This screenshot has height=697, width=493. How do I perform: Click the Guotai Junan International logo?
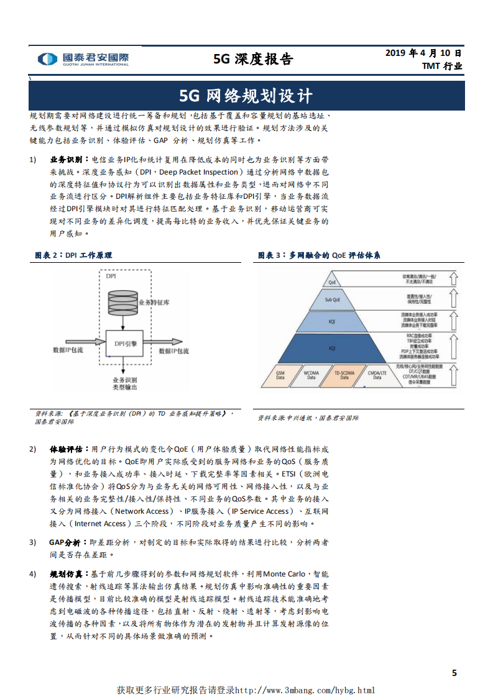coord(83,59)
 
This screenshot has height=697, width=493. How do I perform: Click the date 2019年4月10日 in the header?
coord(424,53)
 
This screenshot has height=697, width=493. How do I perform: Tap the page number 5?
coord(454,673)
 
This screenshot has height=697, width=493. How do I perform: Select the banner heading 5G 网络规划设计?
coord(246,96)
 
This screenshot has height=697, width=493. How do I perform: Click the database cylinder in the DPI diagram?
coord(123,302)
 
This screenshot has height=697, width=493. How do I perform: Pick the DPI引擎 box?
coord(125,342)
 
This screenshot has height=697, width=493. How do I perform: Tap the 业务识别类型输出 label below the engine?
coord(124,383)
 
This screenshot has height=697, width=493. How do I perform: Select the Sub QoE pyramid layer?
coord(333,299)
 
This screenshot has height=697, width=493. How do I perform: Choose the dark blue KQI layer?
coord(333,348)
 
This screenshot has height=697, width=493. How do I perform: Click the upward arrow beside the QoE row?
coord(453,278)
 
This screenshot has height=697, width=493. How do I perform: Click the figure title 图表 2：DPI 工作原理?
coord(73,255)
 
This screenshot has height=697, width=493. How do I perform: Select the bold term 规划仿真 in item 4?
coord(65,573)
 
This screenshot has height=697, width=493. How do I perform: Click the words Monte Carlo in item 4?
coord(287,573)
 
